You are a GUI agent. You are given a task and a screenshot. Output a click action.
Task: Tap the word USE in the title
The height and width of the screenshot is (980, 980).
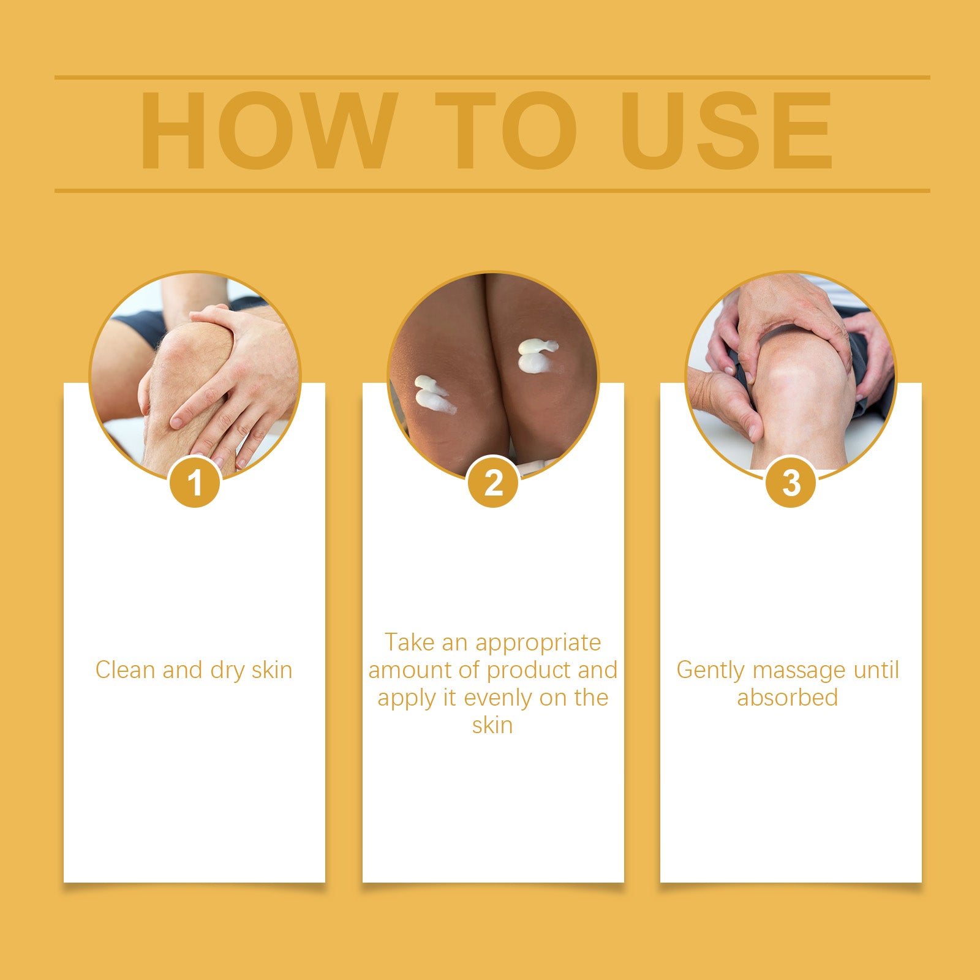[726, 130]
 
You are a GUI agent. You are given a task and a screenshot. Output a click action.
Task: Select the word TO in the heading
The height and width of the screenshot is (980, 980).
[506, 130]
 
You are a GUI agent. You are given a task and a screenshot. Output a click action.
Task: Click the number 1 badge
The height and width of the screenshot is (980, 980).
[195, 482]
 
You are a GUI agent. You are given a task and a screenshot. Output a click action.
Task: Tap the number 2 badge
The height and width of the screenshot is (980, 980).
[493, 482]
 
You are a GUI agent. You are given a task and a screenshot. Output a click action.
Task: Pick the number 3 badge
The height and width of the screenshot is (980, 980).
[791, 482]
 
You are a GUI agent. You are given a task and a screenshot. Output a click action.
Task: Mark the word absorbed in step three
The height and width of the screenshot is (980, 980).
[787, 697]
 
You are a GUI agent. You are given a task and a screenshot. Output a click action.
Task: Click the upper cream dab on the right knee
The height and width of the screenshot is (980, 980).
[538, 347]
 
